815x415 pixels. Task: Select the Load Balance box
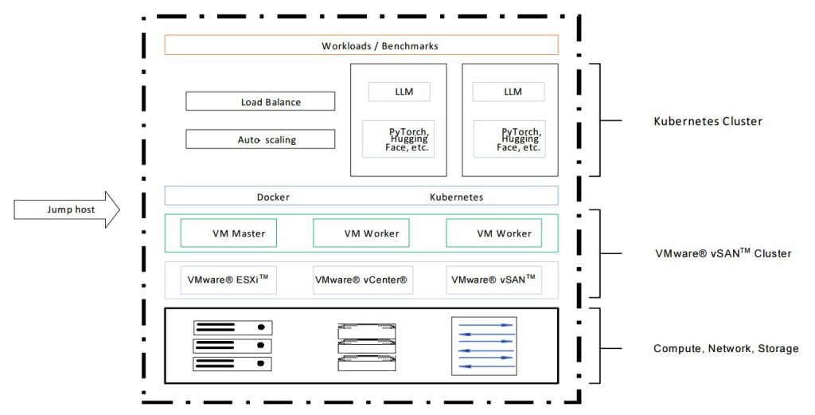click(x=260, y=102)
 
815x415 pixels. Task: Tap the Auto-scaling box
click(x=260, y=139)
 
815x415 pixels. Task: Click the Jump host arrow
click(x=67, y=209)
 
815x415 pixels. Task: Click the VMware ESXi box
click(x=228, y=280)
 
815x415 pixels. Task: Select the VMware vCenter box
click(x=361, y=280)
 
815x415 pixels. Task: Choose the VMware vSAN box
click(x=493, y=280)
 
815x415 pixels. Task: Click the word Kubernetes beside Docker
click(x=456, y=197)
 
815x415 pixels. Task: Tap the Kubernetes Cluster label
click(x=708, y=121)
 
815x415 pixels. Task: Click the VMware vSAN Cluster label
click(x=722, y=253)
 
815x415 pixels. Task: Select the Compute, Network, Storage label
click(x=726, y=348)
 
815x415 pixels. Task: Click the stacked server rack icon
click(x=232, y=346)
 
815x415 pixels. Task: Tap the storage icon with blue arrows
click(x=484, y=346)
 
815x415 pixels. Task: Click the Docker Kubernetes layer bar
click(x=361, y=196)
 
